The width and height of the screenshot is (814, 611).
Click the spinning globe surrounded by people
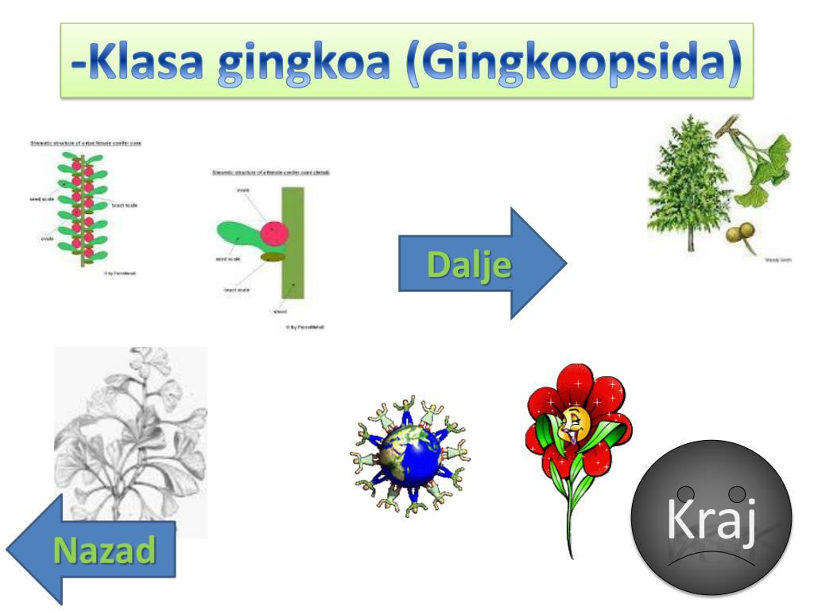coord(409,456)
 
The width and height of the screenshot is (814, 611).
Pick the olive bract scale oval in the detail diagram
coord(272,256)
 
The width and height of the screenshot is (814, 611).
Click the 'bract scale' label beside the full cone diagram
coord(124,205)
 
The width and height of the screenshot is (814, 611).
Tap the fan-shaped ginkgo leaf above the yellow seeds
coord(767,155)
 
